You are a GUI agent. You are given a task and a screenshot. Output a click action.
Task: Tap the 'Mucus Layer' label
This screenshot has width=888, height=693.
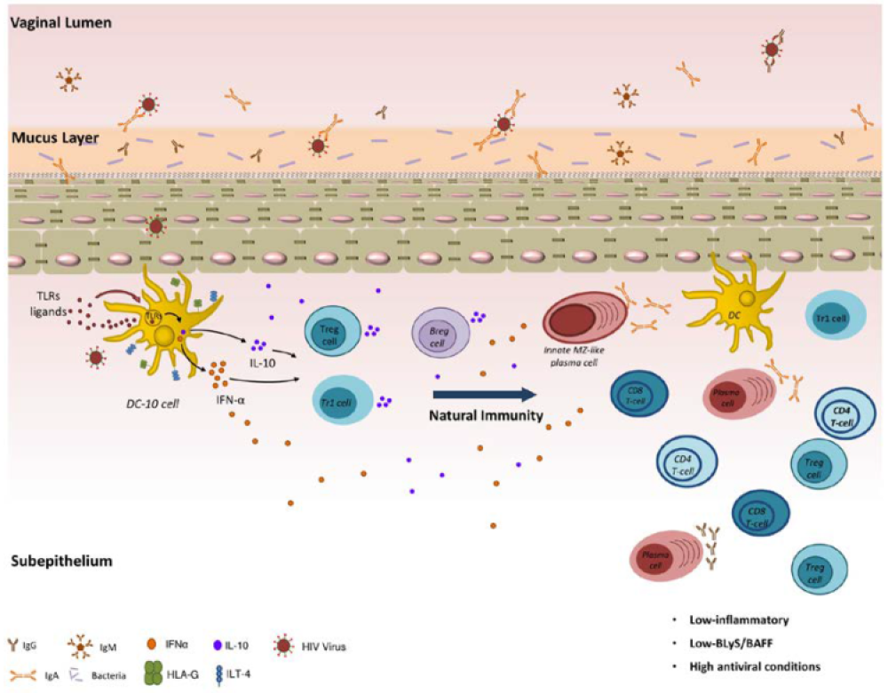coord(55,138)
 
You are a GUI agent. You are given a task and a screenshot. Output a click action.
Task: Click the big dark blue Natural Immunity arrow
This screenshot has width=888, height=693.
coord(485,394)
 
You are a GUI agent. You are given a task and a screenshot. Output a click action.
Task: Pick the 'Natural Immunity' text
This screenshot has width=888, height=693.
coord(488,415)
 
